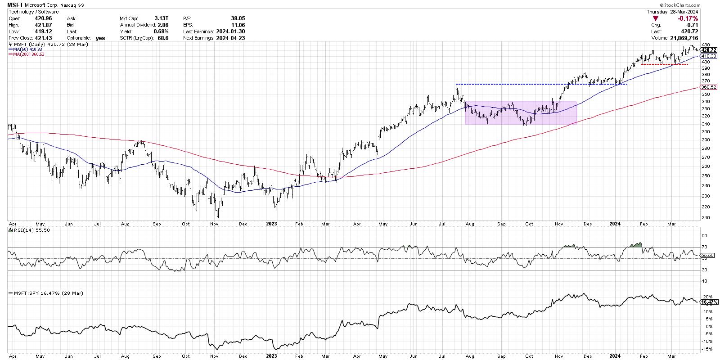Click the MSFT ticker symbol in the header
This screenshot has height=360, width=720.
pos(16,4)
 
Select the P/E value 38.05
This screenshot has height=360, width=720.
pos(238,18)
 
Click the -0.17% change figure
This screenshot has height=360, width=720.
pos(688,18)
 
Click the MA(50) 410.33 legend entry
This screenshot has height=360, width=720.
pos(27,49)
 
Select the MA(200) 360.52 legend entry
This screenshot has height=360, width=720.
pos(28,54)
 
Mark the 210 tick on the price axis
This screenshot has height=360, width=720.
pos(704,218)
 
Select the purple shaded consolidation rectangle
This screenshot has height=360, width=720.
pos(520,112)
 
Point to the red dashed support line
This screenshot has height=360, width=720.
pos(664,64)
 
